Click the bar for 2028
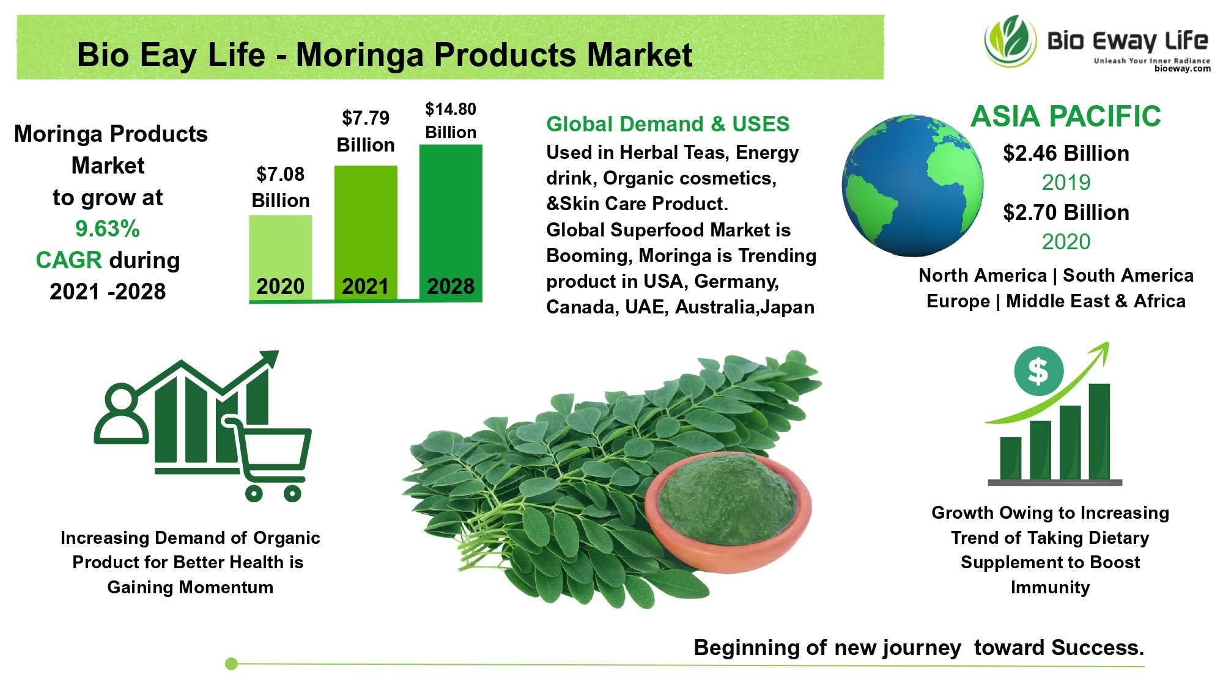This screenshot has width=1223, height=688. (451, 222)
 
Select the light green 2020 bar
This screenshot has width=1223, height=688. (281, 258)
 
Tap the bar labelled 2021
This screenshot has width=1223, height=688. (366, 233)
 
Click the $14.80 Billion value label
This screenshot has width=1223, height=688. (451, 120)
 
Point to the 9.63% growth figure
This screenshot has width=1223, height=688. (108, 229)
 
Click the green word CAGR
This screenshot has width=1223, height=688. (69, 260)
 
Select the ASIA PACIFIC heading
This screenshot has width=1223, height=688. (1066, 116)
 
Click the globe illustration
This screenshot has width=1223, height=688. (912, 185)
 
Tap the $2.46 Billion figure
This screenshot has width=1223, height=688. (1066, 153)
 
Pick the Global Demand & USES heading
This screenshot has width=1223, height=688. (668, 124)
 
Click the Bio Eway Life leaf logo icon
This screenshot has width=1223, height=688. (1010, 42)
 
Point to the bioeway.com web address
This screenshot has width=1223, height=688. (1183, 69)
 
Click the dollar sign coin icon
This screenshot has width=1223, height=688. (1038, 371)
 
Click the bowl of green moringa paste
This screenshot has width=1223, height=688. (728, 512)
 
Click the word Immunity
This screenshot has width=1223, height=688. (1050, 588)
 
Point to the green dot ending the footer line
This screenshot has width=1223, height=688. (231, 664)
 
